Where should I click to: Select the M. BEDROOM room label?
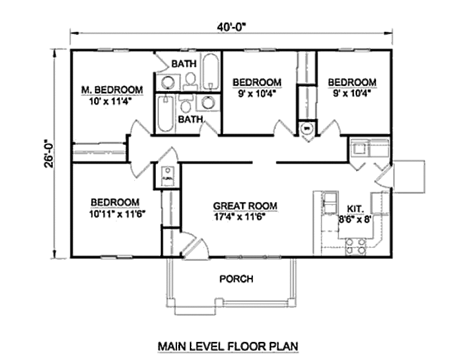(112, 90)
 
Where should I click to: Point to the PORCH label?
(236, 279)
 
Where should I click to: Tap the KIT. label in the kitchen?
(355, 208)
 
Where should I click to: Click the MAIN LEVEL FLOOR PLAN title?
(228, 346)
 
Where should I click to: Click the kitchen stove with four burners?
(356, 246)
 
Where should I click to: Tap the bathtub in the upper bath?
(211, 72)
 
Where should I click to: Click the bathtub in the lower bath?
(165, 113)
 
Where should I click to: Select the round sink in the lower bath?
(207, 103)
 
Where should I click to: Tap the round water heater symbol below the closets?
(307, 128)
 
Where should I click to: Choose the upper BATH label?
(184, 64)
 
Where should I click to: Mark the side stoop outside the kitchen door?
(408, 176)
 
